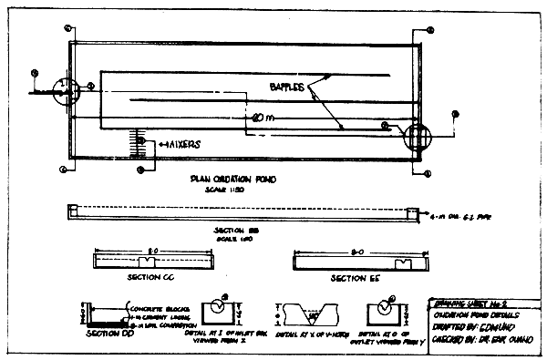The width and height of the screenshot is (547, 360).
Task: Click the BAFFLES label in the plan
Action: click(289, 87)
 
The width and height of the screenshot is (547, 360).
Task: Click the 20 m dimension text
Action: click(265, 118)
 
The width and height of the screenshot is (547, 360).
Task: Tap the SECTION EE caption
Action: click(355, 277)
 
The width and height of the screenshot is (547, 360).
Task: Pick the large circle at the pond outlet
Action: click(416, 139)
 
